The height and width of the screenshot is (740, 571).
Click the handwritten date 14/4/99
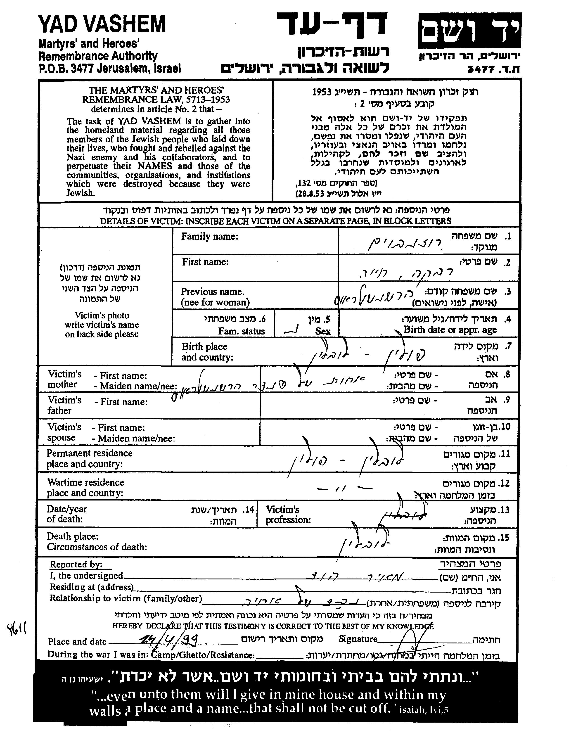point(169,639)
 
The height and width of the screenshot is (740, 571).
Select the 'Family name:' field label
point(209,237)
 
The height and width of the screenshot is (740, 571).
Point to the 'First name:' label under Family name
point(205,262)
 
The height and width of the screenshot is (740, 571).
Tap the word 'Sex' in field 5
point(323,331)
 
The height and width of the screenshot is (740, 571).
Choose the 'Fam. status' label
point(241,331)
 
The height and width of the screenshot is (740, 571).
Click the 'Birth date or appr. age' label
point(450,330)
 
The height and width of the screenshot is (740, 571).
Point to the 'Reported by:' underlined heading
point(76,564)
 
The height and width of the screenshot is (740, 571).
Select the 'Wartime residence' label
point(85,482)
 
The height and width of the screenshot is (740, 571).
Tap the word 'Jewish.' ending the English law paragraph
point(80,193)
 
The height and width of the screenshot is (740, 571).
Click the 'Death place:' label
point(73,536)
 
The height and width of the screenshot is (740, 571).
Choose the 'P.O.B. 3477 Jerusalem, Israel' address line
point(109,69)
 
